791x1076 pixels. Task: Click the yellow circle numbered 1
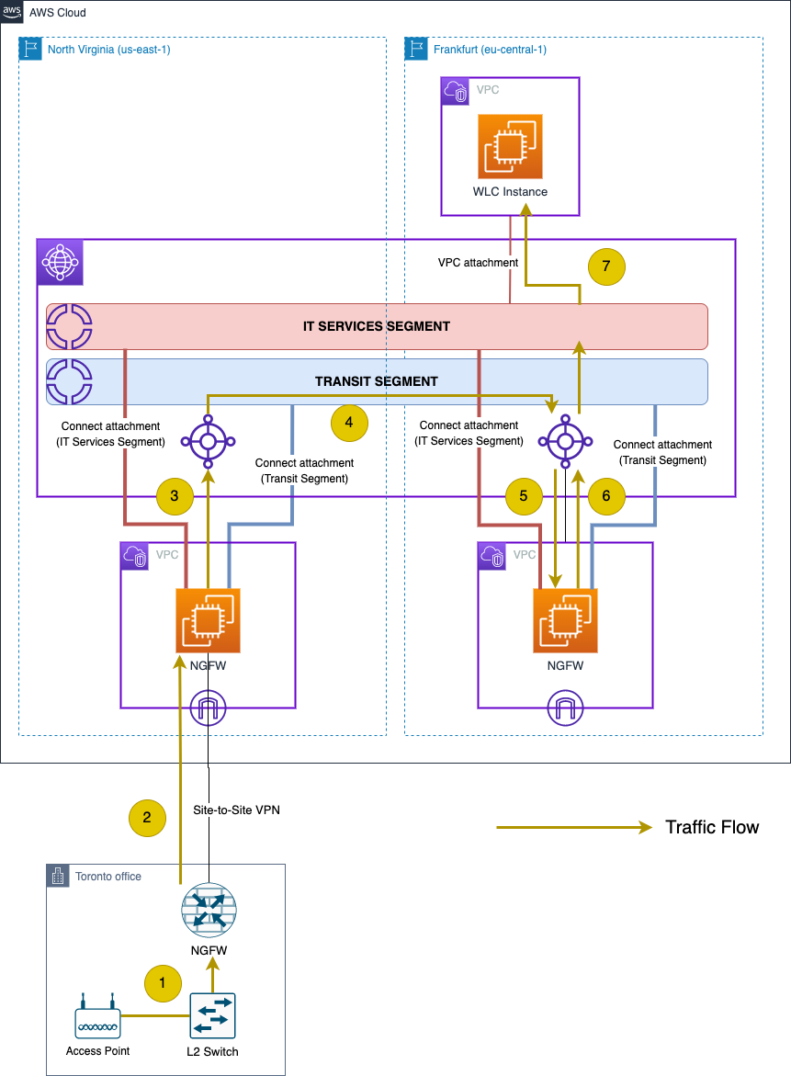[x=164, y=983]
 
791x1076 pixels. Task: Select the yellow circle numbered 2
[x=147, y=817]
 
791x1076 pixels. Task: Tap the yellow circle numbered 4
[x=349, y=424]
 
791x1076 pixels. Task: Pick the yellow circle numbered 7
[x=606, y=267]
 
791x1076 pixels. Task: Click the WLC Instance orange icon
[x=510, y=146]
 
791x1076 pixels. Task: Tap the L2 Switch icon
[x=213, y=1016]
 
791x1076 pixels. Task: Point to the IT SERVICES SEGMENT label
[x=377, y=326]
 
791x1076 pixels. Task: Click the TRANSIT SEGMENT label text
[x=377, y=381]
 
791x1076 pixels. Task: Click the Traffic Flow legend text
[x=712, y=827]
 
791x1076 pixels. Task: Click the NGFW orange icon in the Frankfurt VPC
[x=565, y=620]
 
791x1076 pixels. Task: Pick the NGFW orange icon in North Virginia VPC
[x=208, y=620]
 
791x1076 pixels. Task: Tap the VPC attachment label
[x=478, y=262]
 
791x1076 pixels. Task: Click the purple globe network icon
[x=60, y=263]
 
